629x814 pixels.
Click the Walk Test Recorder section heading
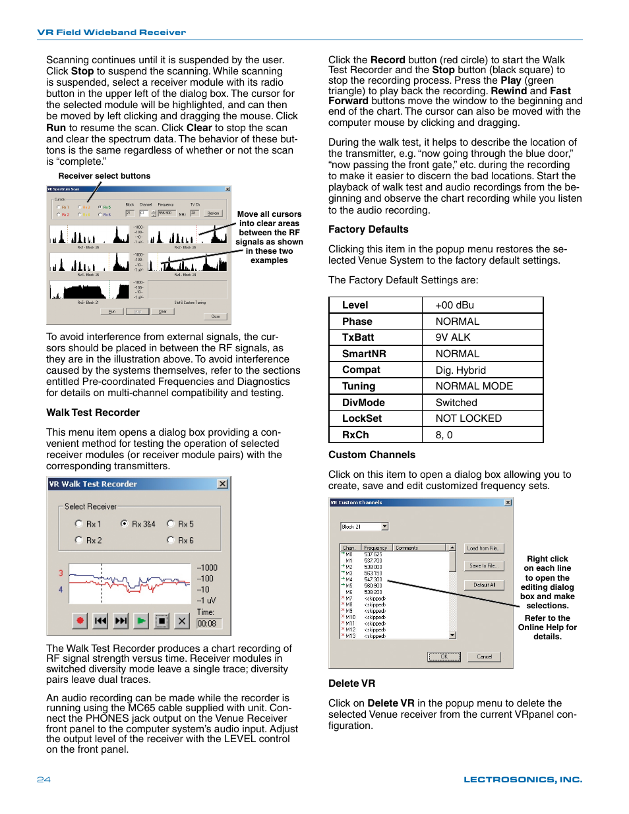tap(93, 413)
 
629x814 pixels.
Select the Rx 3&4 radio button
tap(125, 524)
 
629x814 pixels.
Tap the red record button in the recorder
tap(80, 621)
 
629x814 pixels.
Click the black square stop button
tap(162, 621)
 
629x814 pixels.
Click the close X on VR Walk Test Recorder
tap(223, 484)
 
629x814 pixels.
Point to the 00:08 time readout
tap(207, 624)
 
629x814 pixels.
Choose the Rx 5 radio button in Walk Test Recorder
tap(171, 524)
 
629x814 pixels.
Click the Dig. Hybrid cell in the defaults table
tap(460, 370)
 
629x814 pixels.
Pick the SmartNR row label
tap(364, 354)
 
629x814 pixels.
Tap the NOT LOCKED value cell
tap(468, 419)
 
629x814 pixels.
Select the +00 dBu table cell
tap(454, 305)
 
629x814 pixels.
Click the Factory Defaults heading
tap(368, 229)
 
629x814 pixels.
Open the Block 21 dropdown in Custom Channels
tap(385, 527)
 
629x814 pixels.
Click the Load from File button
tap(484, 548)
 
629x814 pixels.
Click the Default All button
tap(484, 585)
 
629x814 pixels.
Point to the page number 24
tap(44, 780)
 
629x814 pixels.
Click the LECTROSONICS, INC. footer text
tap(523, 780)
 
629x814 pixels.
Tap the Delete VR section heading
tap(351, 683)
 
